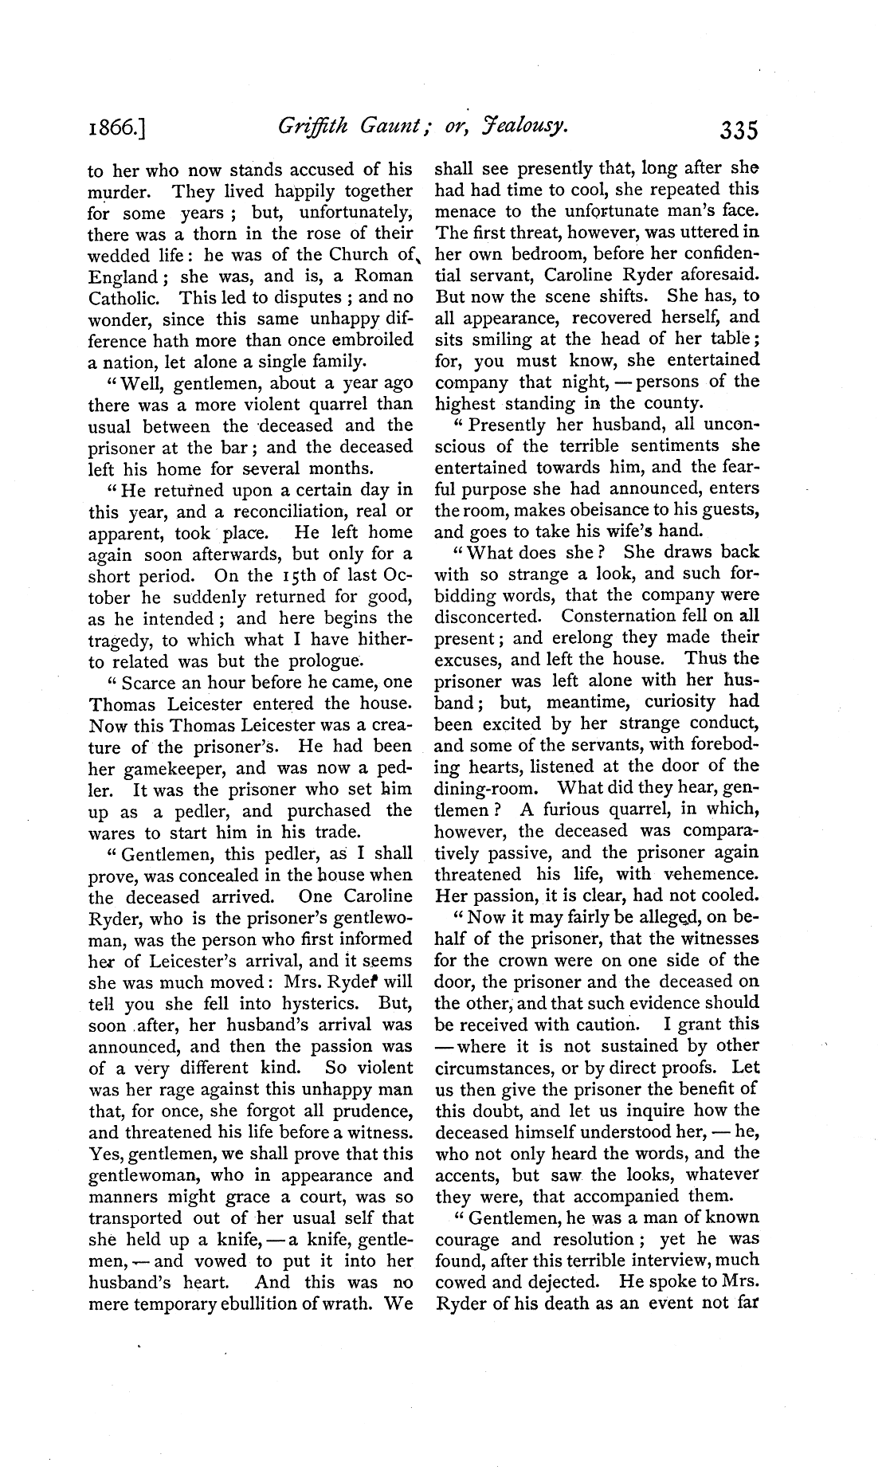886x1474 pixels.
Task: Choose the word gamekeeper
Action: tap(175, 769)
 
